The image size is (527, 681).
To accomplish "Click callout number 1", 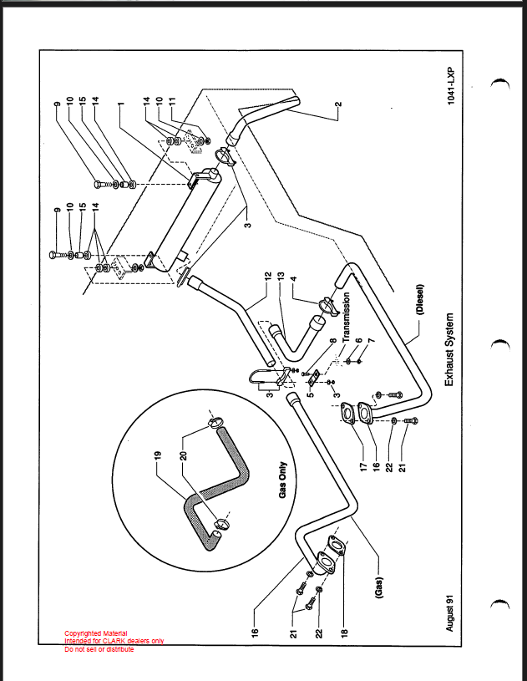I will point(119,107).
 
